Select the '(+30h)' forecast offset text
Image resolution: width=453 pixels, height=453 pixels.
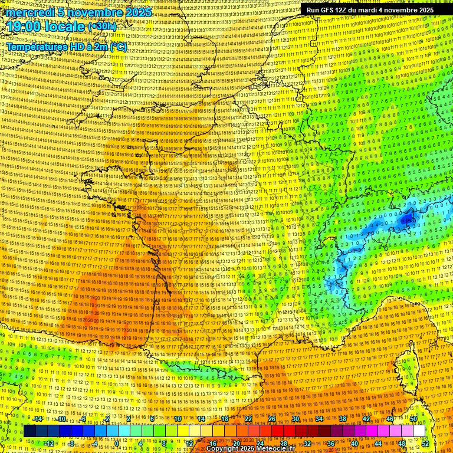click(102, 26)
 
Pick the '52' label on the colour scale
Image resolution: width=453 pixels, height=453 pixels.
click(425, 443)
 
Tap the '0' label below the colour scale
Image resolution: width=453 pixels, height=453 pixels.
click(117, 443)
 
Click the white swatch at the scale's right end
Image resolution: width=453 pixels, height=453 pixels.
click(419, 431)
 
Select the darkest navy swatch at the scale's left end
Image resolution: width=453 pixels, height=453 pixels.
click(29, 431)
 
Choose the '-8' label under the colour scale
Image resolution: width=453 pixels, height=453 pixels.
click(71, 443)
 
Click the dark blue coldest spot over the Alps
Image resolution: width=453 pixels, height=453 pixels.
click(406, 220)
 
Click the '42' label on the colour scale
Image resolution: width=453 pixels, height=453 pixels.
click(366, 419)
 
